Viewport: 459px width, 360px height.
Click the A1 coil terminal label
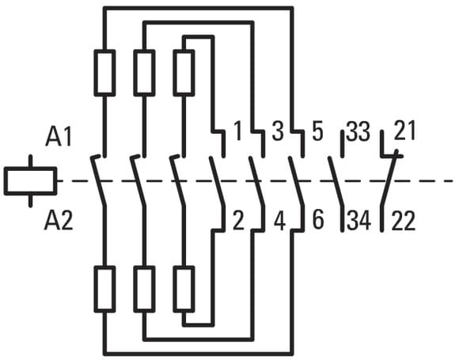coord(59,137)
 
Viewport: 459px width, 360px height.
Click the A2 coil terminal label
coord(59,221)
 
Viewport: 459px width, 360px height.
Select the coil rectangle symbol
coord(30,181)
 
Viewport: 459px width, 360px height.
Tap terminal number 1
coord(238,131)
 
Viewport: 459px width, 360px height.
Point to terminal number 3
coord(278,131)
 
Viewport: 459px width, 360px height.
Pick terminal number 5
coord(317,131)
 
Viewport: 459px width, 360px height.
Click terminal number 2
coord(238,221)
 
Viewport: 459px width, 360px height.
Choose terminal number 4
coord(279,221)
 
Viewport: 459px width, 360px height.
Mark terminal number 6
coord(318,221)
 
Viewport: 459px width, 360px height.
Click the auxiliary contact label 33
coord(358,131)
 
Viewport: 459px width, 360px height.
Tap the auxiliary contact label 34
coord(359,221)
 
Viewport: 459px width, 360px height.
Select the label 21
coord(405,131)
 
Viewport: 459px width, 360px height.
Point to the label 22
coord(404,221)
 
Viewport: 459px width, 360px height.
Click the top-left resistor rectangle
coord(104,73)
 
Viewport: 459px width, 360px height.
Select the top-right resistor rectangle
coord(184,73)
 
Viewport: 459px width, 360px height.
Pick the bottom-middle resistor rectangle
coord(144,289)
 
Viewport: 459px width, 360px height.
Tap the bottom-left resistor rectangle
coord(104,289)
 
